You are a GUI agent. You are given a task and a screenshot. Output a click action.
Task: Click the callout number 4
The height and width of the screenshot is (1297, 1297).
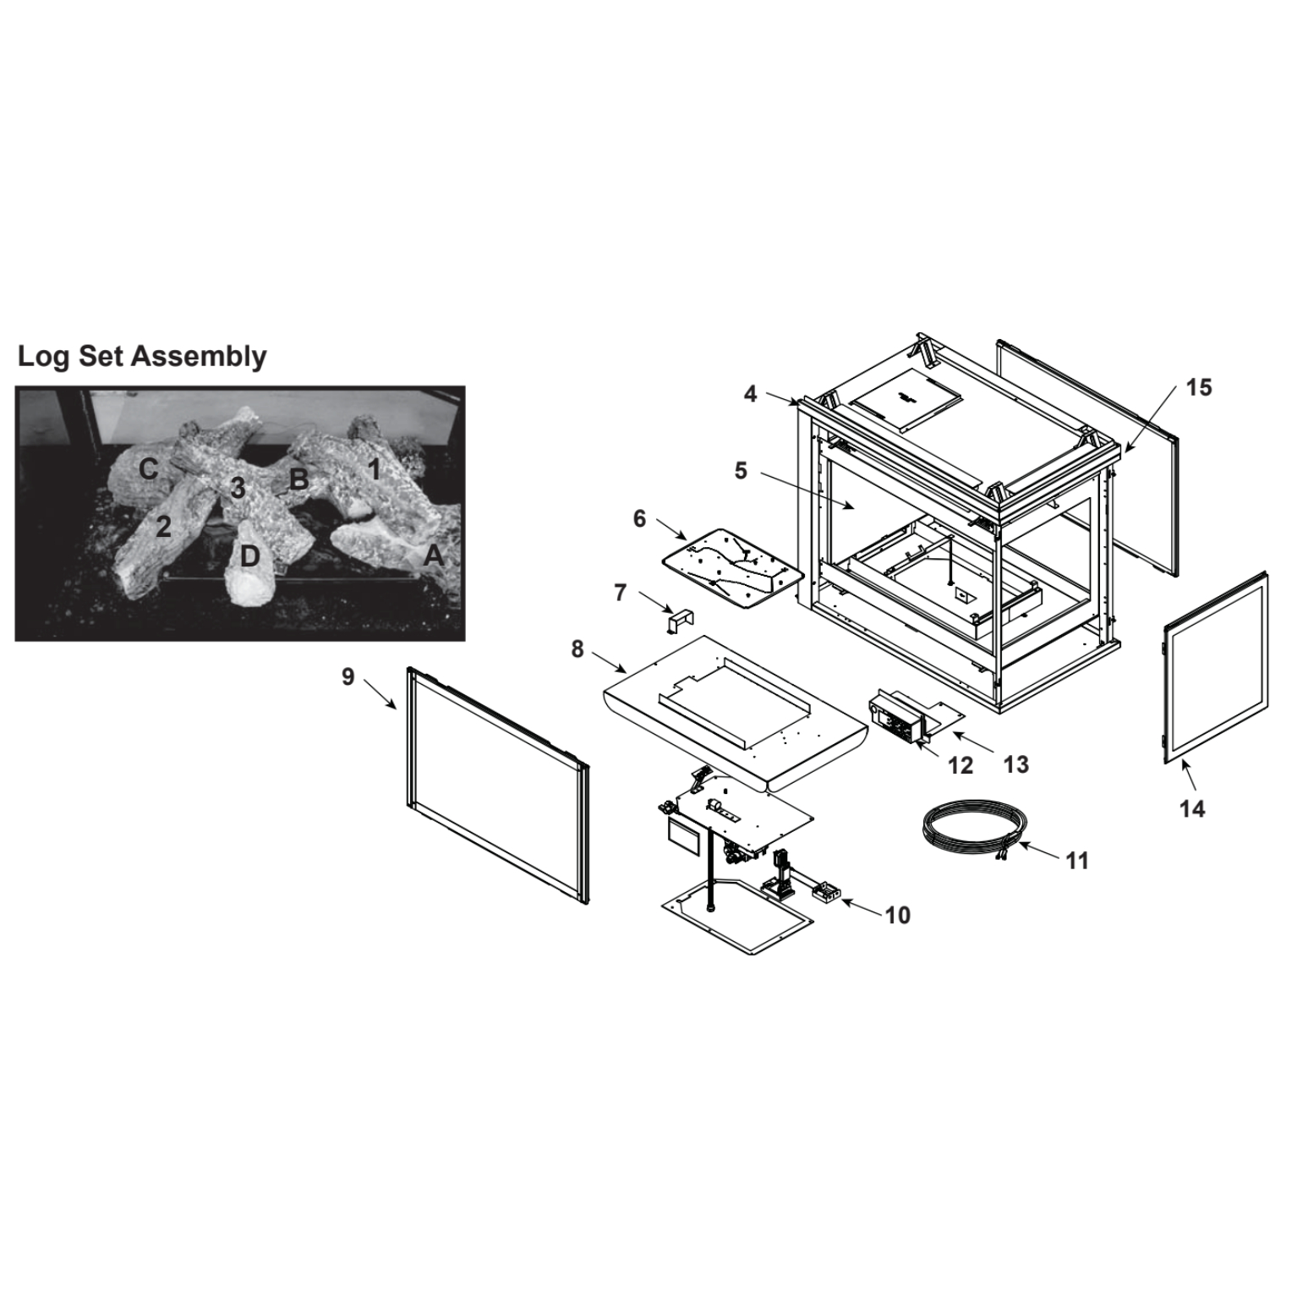[750, 394]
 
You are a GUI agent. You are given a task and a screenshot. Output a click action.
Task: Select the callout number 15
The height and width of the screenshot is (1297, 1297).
[1198, 387]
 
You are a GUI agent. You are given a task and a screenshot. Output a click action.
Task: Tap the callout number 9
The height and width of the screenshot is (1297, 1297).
[348, 677]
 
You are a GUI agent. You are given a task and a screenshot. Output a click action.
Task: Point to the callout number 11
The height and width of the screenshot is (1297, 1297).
[1076, 861]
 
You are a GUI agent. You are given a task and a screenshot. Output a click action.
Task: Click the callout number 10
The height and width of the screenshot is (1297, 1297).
[897, 915]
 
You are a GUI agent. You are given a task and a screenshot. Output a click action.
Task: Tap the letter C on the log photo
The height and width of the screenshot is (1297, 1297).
[149, 468]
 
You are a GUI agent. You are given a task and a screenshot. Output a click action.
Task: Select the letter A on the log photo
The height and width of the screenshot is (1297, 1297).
[434, 555]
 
